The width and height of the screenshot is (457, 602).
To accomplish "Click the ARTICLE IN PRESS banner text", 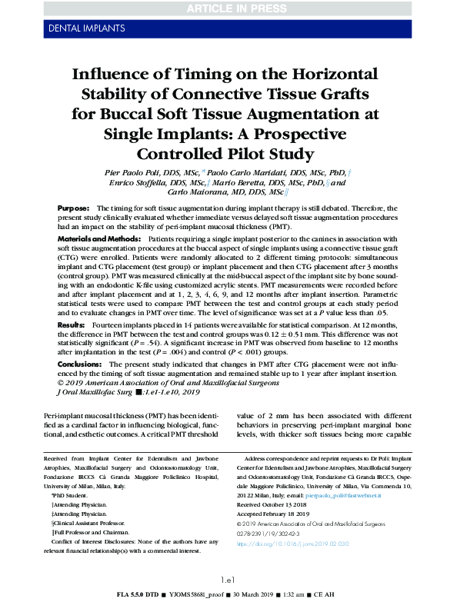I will pyautogui.click(x=228, y=9).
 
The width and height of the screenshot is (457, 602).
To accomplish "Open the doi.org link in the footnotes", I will pyautogui.click(x=281, y=544).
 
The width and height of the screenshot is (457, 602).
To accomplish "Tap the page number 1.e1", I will pyautogui.click(x=228, y=579).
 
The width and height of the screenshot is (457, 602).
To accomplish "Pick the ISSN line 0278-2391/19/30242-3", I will pyautogui.click(x=266, y=534).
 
